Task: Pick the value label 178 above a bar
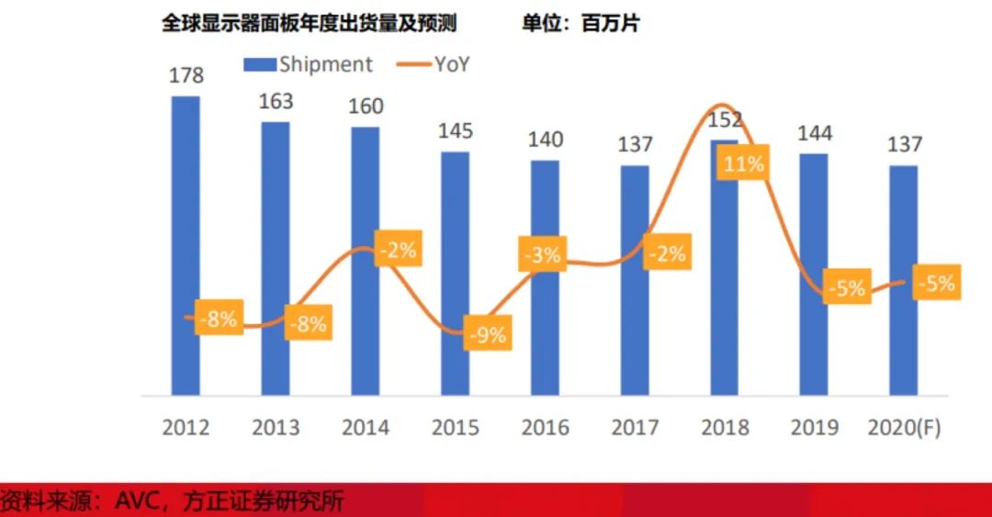click(x=186, y=75)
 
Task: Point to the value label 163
click(x=276, y=101)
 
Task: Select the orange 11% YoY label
click(x=743, y=163)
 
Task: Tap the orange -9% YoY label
click(x=486, y=335)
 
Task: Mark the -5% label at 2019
click(x=846, y=288)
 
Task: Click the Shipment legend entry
click(x=308, y=64)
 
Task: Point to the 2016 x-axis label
click(x=545, y=427)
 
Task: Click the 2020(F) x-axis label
click(x=904, y=427)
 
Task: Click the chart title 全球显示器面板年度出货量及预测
click(x=310, y=24)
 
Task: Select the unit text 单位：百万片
click(x=581, y=24)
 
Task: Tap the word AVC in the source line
click(x=138, y=501)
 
